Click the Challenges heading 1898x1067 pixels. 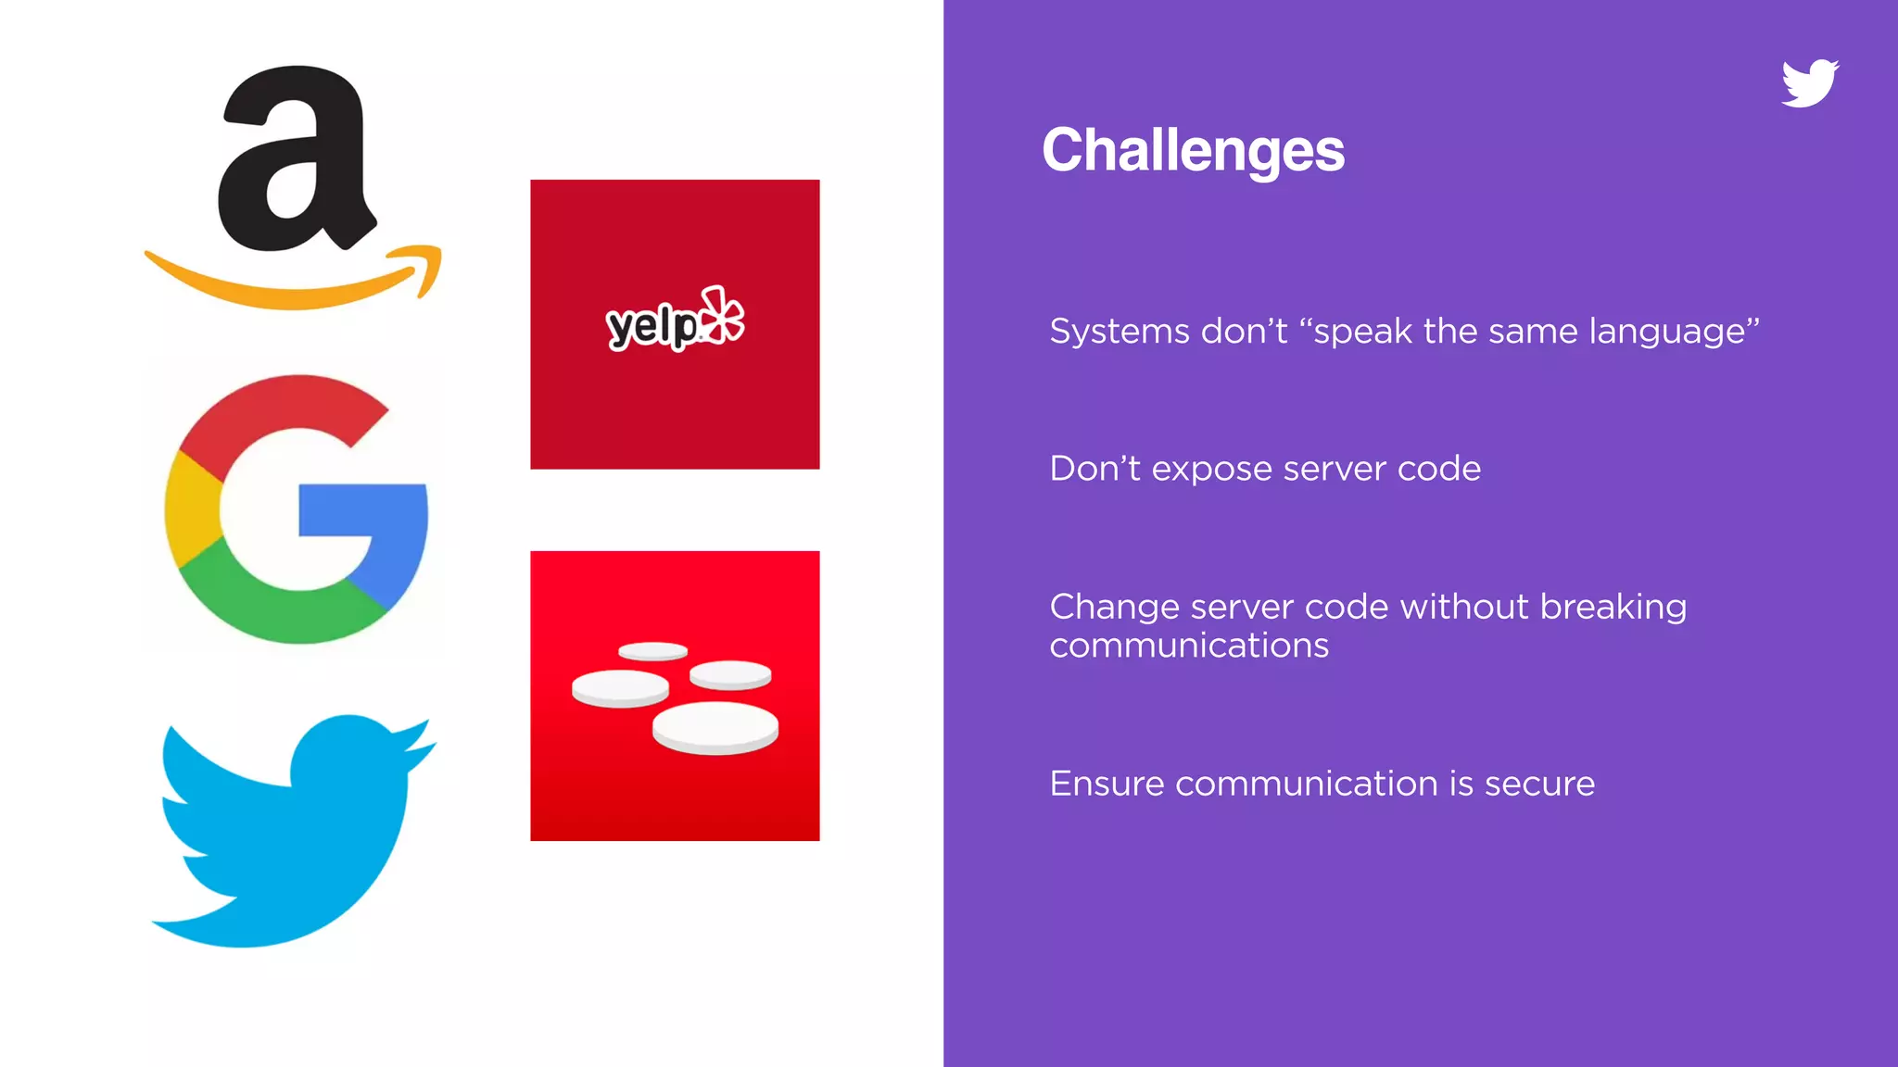pyautogui.click(x=1193, y=150)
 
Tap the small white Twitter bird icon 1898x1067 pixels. pyautogui.click(x=1809, y=83)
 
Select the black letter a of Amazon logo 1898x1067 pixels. pyautogui.click(x=295, y=162)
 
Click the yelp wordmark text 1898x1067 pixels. pyautogui.click(x=652, y=326)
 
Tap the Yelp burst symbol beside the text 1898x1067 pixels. pyautogui.click(x=723, y=315)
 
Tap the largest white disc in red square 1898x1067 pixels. pyautogui.click(x=715, y=727)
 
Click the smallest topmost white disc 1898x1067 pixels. pyautogui.click(x=652, y=651)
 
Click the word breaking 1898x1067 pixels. pyautogui.click(x=1613, y=607)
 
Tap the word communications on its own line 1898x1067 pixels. pyautogui.click(x=1189, y=646)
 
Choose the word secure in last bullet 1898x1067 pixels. pyautogui.click(x=1539, y=784)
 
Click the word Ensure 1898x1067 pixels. pyautogui.click(x=1107, y=784)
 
